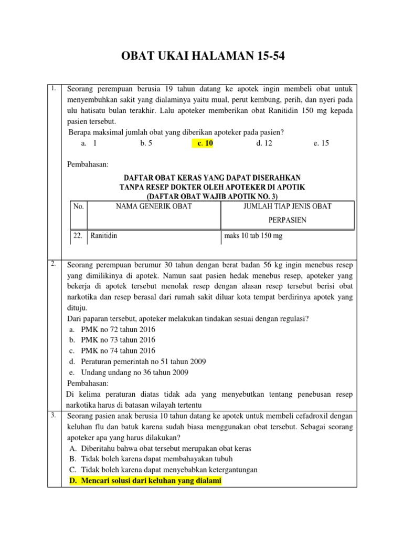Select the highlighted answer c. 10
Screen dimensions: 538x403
pyautogui.click(x=203, y=143)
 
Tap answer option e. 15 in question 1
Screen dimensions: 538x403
pyautogui.click(x=321, y=143)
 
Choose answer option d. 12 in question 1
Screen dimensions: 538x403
pyautogui.click(x=264, y=143)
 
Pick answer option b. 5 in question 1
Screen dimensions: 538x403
pyautogui.click(x=146, y=143)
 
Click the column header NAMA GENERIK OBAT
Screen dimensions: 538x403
pyautogui.click(x=154, y=206)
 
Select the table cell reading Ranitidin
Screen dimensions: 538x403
pyautogui.click(x=104, y=236)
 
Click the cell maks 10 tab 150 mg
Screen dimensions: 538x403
pyautogui.click(x=253, y=236)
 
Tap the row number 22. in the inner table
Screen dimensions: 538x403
pyautogui.click(x=78, y=236)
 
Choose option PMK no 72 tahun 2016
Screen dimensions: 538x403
pyautogui.click(x=118, y=329)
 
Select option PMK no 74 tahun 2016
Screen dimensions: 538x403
pyautogui.click(x=118, y=351)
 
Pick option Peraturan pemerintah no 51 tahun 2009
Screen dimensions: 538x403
pyautogui.click(x=143, y=361)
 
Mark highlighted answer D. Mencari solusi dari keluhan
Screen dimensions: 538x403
pyautogui.click(x=145, y=481)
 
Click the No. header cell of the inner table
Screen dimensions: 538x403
pyautogui.click(x=79, y=206)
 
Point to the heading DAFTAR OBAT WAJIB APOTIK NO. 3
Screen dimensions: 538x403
pyautogui.click(x=212, y=196)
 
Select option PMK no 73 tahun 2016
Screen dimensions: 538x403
pyautogui.click(x=118, y=340)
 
